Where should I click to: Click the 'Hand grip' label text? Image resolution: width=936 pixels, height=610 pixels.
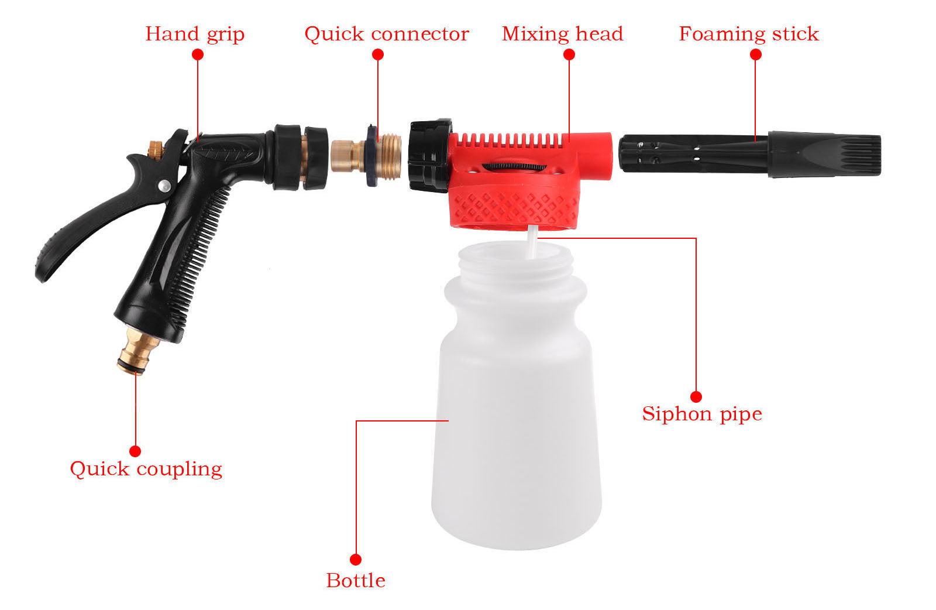pos(195,35)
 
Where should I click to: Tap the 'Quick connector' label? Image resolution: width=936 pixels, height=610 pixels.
pos(387,34)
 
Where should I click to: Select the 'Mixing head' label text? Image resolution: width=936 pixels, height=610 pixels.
pos(562,34)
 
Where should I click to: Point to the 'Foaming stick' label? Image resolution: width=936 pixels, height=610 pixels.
pos(749,34)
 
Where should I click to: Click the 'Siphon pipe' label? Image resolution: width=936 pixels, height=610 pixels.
pos(702,414)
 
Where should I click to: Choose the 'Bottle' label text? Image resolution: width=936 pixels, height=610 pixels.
pos(356,581)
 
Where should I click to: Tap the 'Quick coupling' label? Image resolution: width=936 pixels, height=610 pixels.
pos(146,469)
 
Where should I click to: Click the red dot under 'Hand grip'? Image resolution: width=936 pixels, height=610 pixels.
pos(198,54)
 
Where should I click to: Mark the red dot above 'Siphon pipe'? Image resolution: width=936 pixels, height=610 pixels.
pos(696,396)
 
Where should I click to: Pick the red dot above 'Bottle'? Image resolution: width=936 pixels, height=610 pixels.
pos(356,560)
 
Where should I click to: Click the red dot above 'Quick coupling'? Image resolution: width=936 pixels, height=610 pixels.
pos(135,451)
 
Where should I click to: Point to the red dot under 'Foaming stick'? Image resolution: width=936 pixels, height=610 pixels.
pos(755,54)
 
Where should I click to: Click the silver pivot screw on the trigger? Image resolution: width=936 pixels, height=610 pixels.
pos(164,186)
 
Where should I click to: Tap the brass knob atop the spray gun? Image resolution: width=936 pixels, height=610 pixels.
pos(156,150)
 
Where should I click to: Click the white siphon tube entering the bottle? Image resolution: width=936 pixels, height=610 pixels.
pos(532,242)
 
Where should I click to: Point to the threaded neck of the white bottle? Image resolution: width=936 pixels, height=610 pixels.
pos(515,261)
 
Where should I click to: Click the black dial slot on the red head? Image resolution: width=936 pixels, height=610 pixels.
pos(514,166)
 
